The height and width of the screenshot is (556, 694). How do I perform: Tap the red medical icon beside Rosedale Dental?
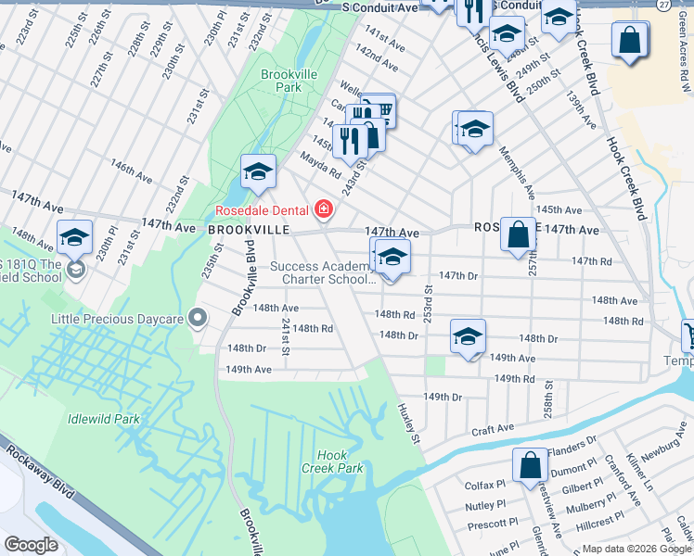(323, 210)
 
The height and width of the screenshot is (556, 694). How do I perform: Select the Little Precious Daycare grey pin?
(197, 318)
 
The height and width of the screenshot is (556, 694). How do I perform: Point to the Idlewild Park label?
(103, 419)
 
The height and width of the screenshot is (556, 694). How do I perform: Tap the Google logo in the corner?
(31, 545)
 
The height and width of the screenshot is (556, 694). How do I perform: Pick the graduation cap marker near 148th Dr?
(468, 336)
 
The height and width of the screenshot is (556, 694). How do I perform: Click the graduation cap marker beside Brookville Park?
(259, 171)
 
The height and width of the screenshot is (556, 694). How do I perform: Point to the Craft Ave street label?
(493, 429)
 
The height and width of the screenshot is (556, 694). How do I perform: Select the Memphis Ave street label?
(517, 172)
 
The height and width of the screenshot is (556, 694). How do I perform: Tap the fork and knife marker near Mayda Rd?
(350, 140)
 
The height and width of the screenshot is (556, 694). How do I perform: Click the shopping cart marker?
(379, 110)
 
